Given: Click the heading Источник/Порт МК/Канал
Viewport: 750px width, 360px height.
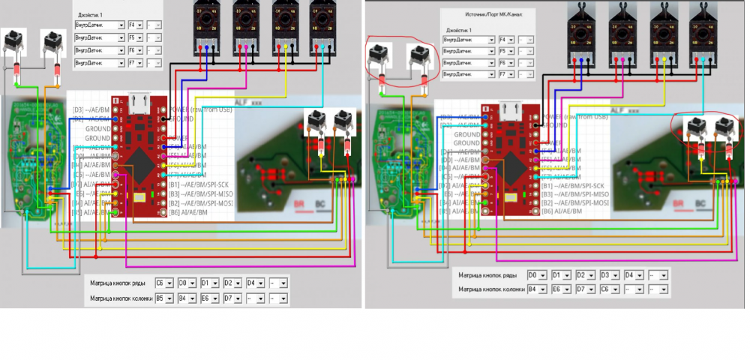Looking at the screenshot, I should click(488, 14).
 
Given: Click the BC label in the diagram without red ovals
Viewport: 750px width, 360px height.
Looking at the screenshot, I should click(323, 203).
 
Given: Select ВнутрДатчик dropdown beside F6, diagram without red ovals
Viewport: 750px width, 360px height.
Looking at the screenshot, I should click(99, 49).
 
